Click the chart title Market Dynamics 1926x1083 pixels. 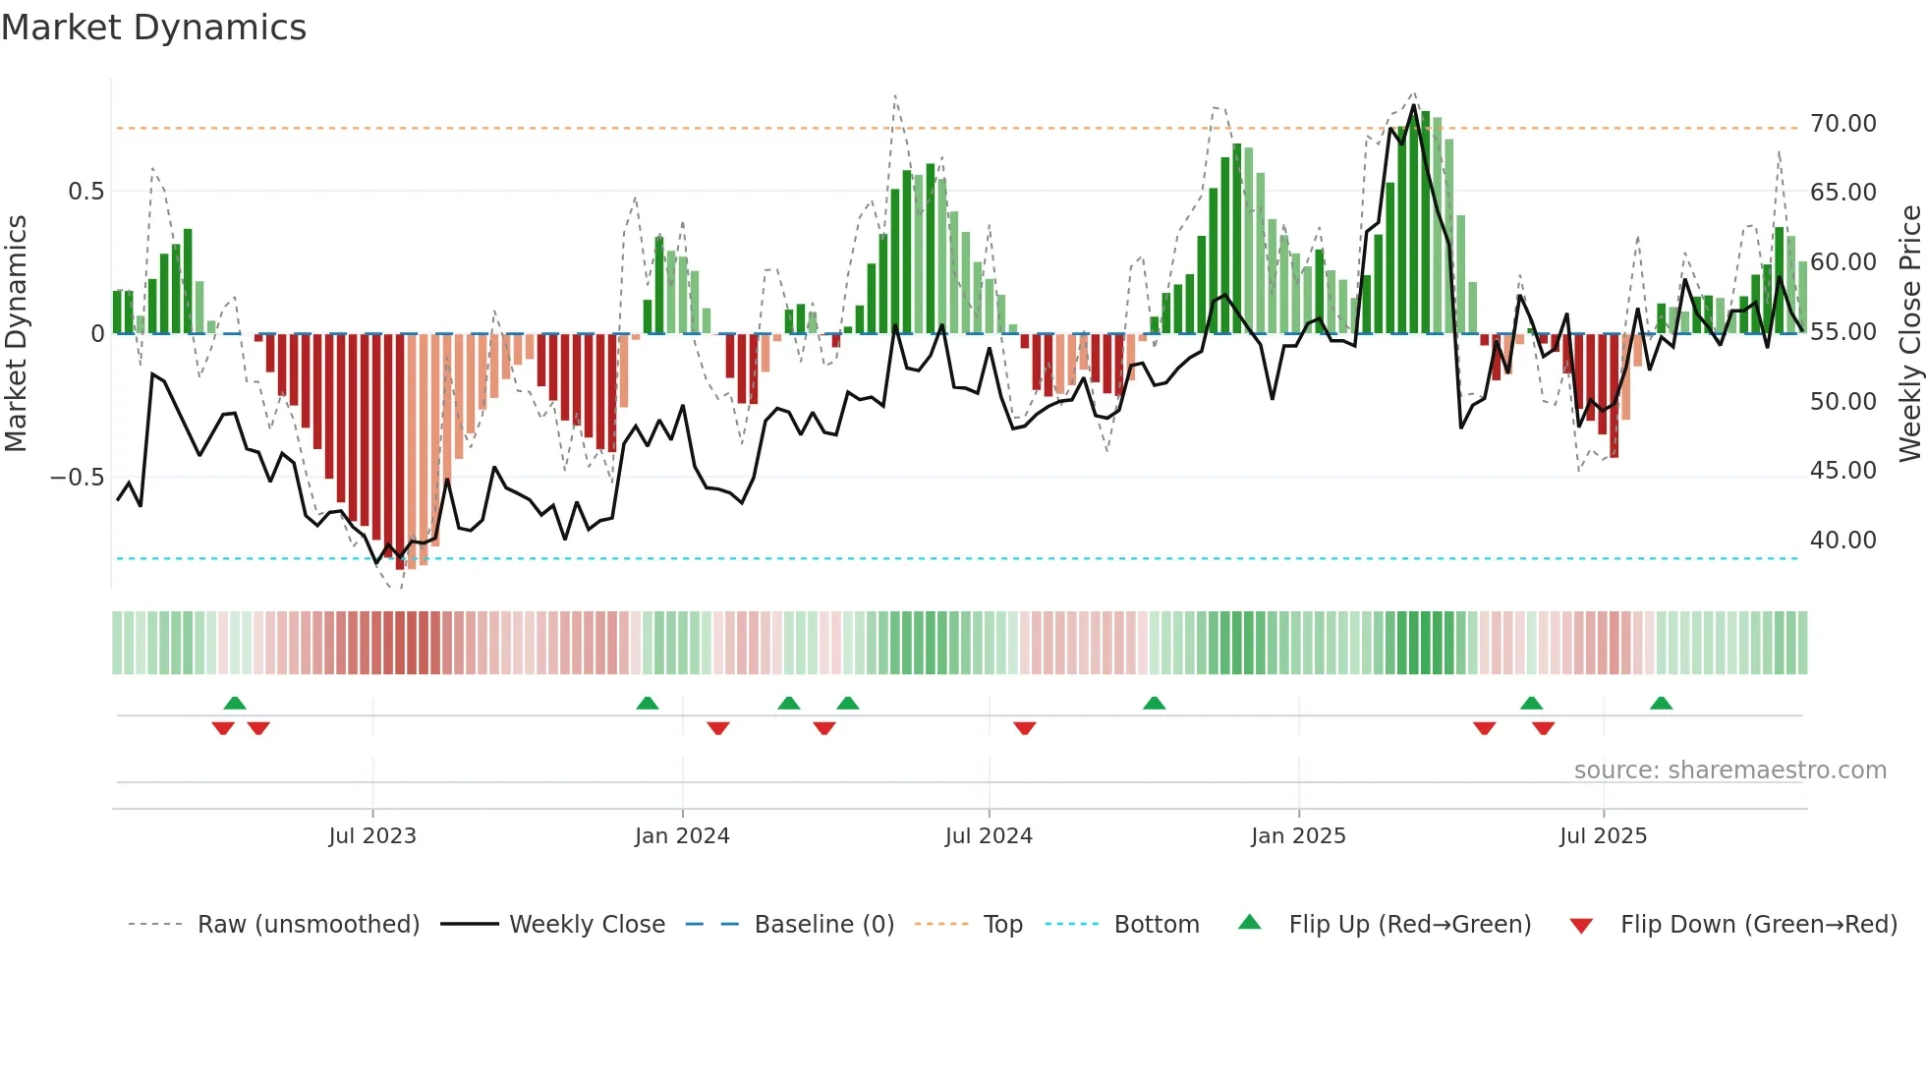point(153,28)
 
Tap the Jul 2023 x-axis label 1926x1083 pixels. point(372,836)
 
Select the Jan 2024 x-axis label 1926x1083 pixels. point(682,836)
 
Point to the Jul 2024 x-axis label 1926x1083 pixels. point(989,836)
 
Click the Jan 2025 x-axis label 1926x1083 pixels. point(1298,836)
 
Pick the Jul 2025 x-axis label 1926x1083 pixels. point(1603,836)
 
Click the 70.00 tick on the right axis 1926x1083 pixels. point(1842,124)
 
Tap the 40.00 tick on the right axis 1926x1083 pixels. point(1842,541)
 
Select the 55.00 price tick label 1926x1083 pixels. point(1842,332)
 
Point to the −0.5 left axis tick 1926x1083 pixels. point(78,478)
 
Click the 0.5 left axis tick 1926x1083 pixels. point(85,192)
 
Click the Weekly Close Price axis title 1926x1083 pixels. point(1909,333)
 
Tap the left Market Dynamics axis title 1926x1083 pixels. point(16,333)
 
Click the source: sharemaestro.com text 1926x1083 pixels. point(1729,770)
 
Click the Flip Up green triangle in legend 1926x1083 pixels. point(1249,923)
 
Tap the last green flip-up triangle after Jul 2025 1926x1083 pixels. point(1661,704)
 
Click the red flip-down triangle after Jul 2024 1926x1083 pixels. point(1025,728)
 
